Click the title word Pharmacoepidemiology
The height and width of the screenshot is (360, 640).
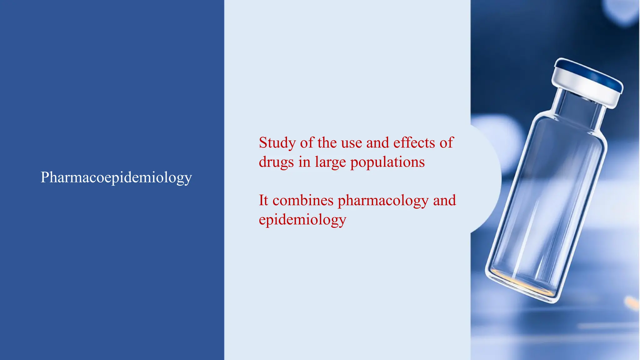[116, 177]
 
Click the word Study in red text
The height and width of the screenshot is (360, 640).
[277, 143]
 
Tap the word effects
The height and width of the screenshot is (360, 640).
[414, 143]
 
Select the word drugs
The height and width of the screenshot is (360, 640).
[276, 162]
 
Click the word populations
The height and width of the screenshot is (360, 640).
[387, 162]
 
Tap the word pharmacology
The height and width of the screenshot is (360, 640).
[383, 201]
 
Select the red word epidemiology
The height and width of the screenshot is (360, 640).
[302, 220]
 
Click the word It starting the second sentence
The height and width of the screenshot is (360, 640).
[263, 200]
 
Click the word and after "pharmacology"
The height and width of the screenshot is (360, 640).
[444, 200]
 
